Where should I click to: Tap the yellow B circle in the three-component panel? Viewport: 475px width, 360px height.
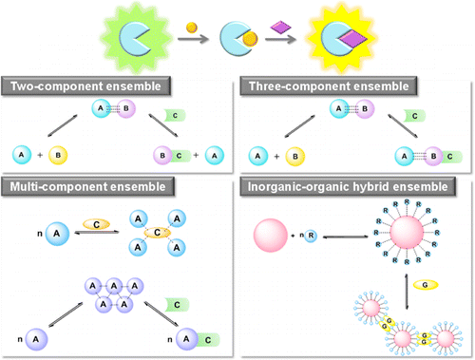[x=294, y=153]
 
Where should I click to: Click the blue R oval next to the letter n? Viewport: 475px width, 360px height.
[x=313, y=232]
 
